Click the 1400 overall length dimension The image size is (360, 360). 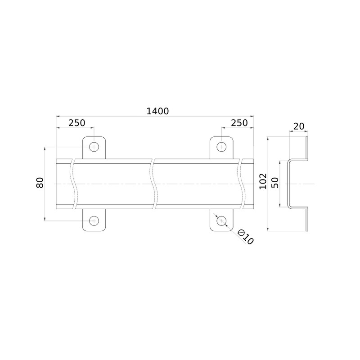coord(157,111)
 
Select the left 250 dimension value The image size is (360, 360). coord(77,123)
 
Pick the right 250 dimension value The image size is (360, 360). coord(239,123)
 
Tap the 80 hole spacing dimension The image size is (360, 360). coord(40,183)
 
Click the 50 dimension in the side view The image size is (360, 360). coord(275,183)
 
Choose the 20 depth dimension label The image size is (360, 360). coord(299,126)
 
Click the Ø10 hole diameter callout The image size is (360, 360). coord(245,237)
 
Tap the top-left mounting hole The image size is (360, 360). coord(94,147)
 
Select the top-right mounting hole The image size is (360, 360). coord(221,147)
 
